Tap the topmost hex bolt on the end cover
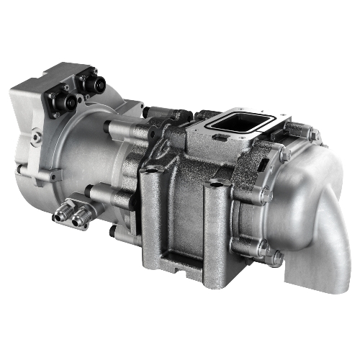pyautogui.click(x=314, y=135)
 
